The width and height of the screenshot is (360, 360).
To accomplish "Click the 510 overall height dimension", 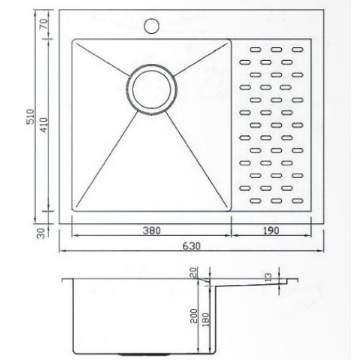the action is pyautogui.click(x=30, y=117).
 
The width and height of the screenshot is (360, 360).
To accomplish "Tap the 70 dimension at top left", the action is pyautogui.click(x=44, y=24).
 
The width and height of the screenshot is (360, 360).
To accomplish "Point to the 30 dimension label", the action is pyautogui.click(x=40, y=233).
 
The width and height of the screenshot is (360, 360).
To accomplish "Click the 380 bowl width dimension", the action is pyautogui.click(x=152, y=230).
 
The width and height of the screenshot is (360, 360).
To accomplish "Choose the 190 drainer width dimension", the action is pyautogui.click(x=271, y=230).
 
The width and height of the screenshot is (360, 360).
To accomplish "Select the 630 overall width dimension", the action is pyautogui.click(x=192, y=246).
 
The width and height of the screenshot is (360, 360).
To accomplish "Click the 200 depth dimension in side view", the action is pyautogui.click(x=194, y=316).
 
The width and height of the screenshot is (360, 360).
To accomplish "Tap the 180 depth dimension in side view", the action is pyautogui.click(x=206, y=320).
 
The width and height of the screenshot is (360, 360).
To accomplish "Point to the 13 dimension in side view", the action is pyautogui.click(x=268, y=277).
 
